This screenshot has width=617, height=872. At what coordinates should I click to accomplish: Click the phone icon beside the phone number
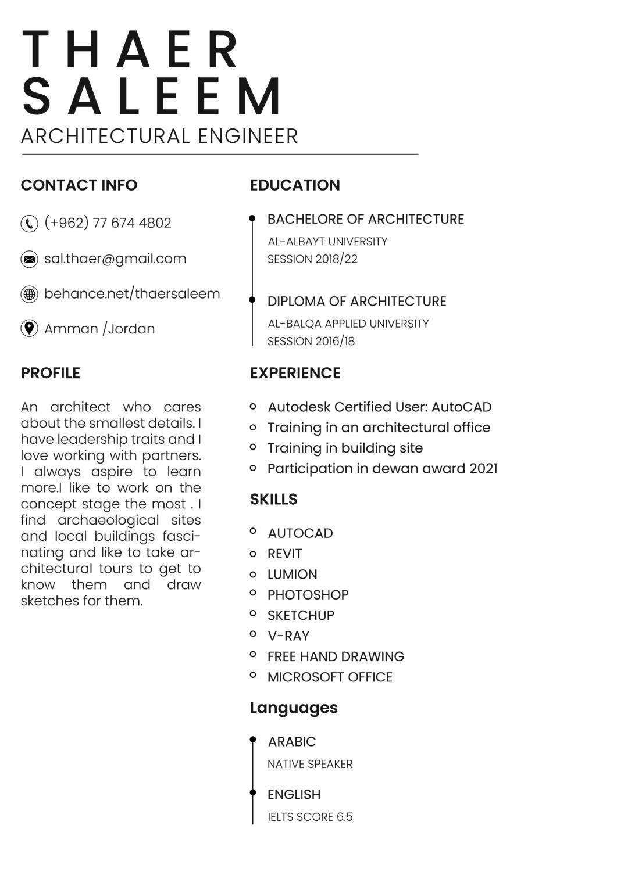pos(29,224)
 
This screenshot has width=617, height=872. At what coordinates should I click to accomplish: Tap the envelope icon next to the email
pos(29,259)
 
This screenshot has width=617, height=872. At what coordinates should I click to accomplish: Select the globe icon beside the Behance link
pos(29,294)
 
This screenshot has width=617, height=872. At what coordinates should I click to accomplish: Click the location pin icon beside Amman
pos(29,328)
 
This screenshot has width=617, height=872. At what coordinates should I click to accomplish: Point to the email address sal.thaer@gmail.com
pos(115,259)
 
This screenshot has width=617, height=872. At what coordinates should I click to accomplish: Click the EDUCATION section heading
pos(295,185)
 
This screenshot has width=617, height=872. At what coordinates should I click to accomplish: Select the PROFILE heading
pos(51,373)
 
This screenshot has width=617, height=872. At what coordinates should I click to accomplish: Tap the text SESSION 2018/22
pos(312,259)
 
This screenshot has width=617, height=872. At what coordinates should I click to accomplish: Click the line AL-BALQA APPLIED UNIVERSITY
pos(348,324)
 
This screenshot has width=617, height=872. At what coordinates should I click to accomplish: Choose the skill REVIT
pos(284,554)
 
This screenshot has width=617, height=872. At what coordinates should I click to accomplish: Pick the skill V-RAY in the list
pos(288,636)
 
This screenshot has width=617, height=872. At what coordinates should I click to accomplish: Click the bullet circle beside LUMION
pos(253,575)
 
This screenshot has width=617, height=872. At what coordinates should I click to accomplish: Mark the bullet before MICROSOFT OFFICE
pos(253,675)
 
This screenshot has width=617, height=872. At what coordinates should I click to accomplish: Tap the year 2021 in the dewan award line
pos(483,469)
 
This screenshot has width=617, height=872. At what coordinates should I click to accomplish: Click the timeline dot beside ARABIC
pos(253,740)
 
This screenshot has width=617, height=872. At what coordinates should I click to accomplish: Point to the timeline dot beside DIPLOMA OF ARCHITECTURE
pos(252,300)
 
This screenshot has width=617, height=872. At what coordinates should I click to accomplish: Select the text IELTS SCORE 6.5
pos(310,817)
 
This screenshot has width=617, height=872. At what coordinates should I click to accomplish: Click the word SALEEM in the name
pos(153,96)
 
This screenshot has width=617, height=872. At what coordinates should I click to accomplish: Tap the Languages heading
pos(294,708)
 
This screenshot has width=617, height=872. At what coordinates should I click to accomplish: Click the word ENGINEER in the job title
pos(248,137)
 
